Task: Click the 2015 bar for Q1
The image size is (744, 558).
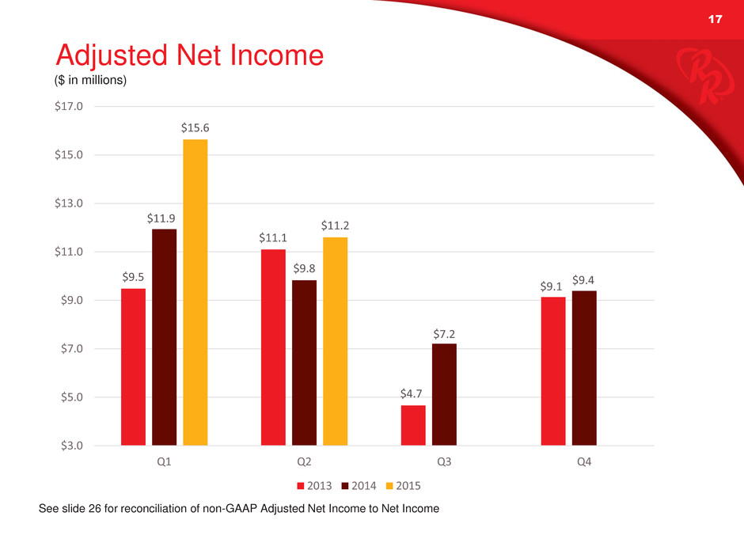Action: tap(195, 292)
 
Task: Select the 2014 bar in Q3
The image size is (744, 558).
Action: tap(444, 394)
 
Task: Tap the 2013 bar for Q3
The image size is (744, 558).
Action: tap(413, 425)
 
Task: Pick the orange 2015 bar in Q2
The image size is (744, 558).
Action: tap(335, 341)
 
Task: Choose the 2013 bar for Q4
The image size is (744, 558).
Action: tap(552, 370)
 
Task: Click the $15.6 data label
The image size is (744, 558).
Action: tap(195, 127)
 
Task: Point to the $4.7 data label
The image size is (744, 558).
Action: tap(413, 393)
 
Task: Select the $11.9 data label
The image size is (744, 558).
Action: tap(164, 217)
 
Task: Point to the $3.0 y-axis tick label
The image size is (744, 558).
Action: tap(72, 446)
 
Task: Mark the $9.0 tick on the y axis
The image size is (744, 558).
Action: tap(72, 300)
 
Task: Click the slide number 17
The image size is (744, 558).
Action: tap(715, 20)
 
